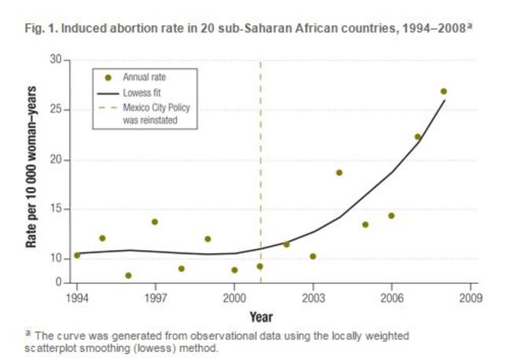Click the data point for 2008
(x=443, y=91)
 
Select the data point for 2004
(x=339, y=173)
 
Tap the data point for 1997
(x=155, y=222)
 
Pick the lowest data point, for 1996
(x=128, y=275)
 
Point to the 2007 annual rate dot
(x=417, y=137)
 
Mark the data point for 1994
(x=76, y=255)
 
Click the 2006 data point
(x=391, y=215)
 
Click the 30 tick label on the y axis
(x=54, y=60)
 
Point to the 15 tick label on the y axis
(x=54, y=210)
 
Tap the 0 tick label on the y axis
(x=57, y=282)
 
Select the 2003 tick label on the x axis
(x=313, y=299)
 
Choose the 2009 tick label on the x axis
(x=470, y=299)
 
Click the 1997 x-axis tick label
(x=155, y=299)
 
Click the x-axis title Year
(x=261, y=318)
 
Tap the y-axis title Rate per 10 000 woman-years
(x=32, y=171)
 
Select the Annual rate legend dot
(x=108, y=77)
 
